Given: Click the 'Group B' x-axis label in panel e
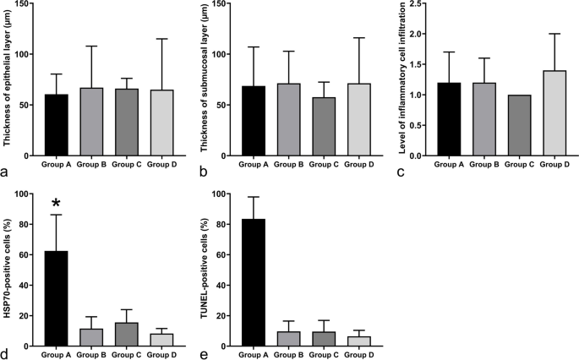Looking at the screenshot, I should [x=287, y=355].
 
